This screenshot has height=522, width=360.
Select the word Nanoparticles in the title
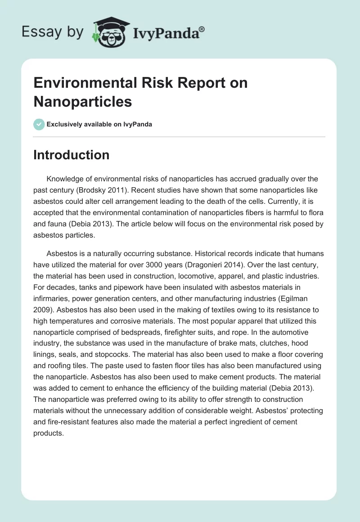(x=83, y=101)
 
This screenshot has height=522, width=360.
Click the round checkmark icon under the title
(x=39, y=124)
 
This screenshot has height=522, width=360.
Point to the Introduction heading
(x=72, y=155)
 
